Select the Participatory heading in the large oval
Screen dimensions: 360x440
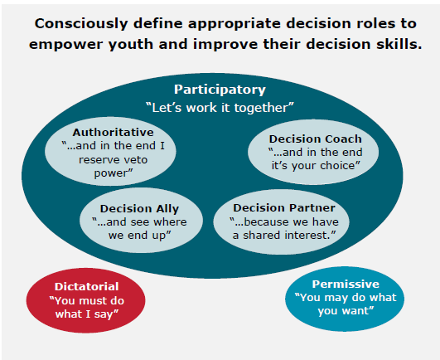220,90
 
